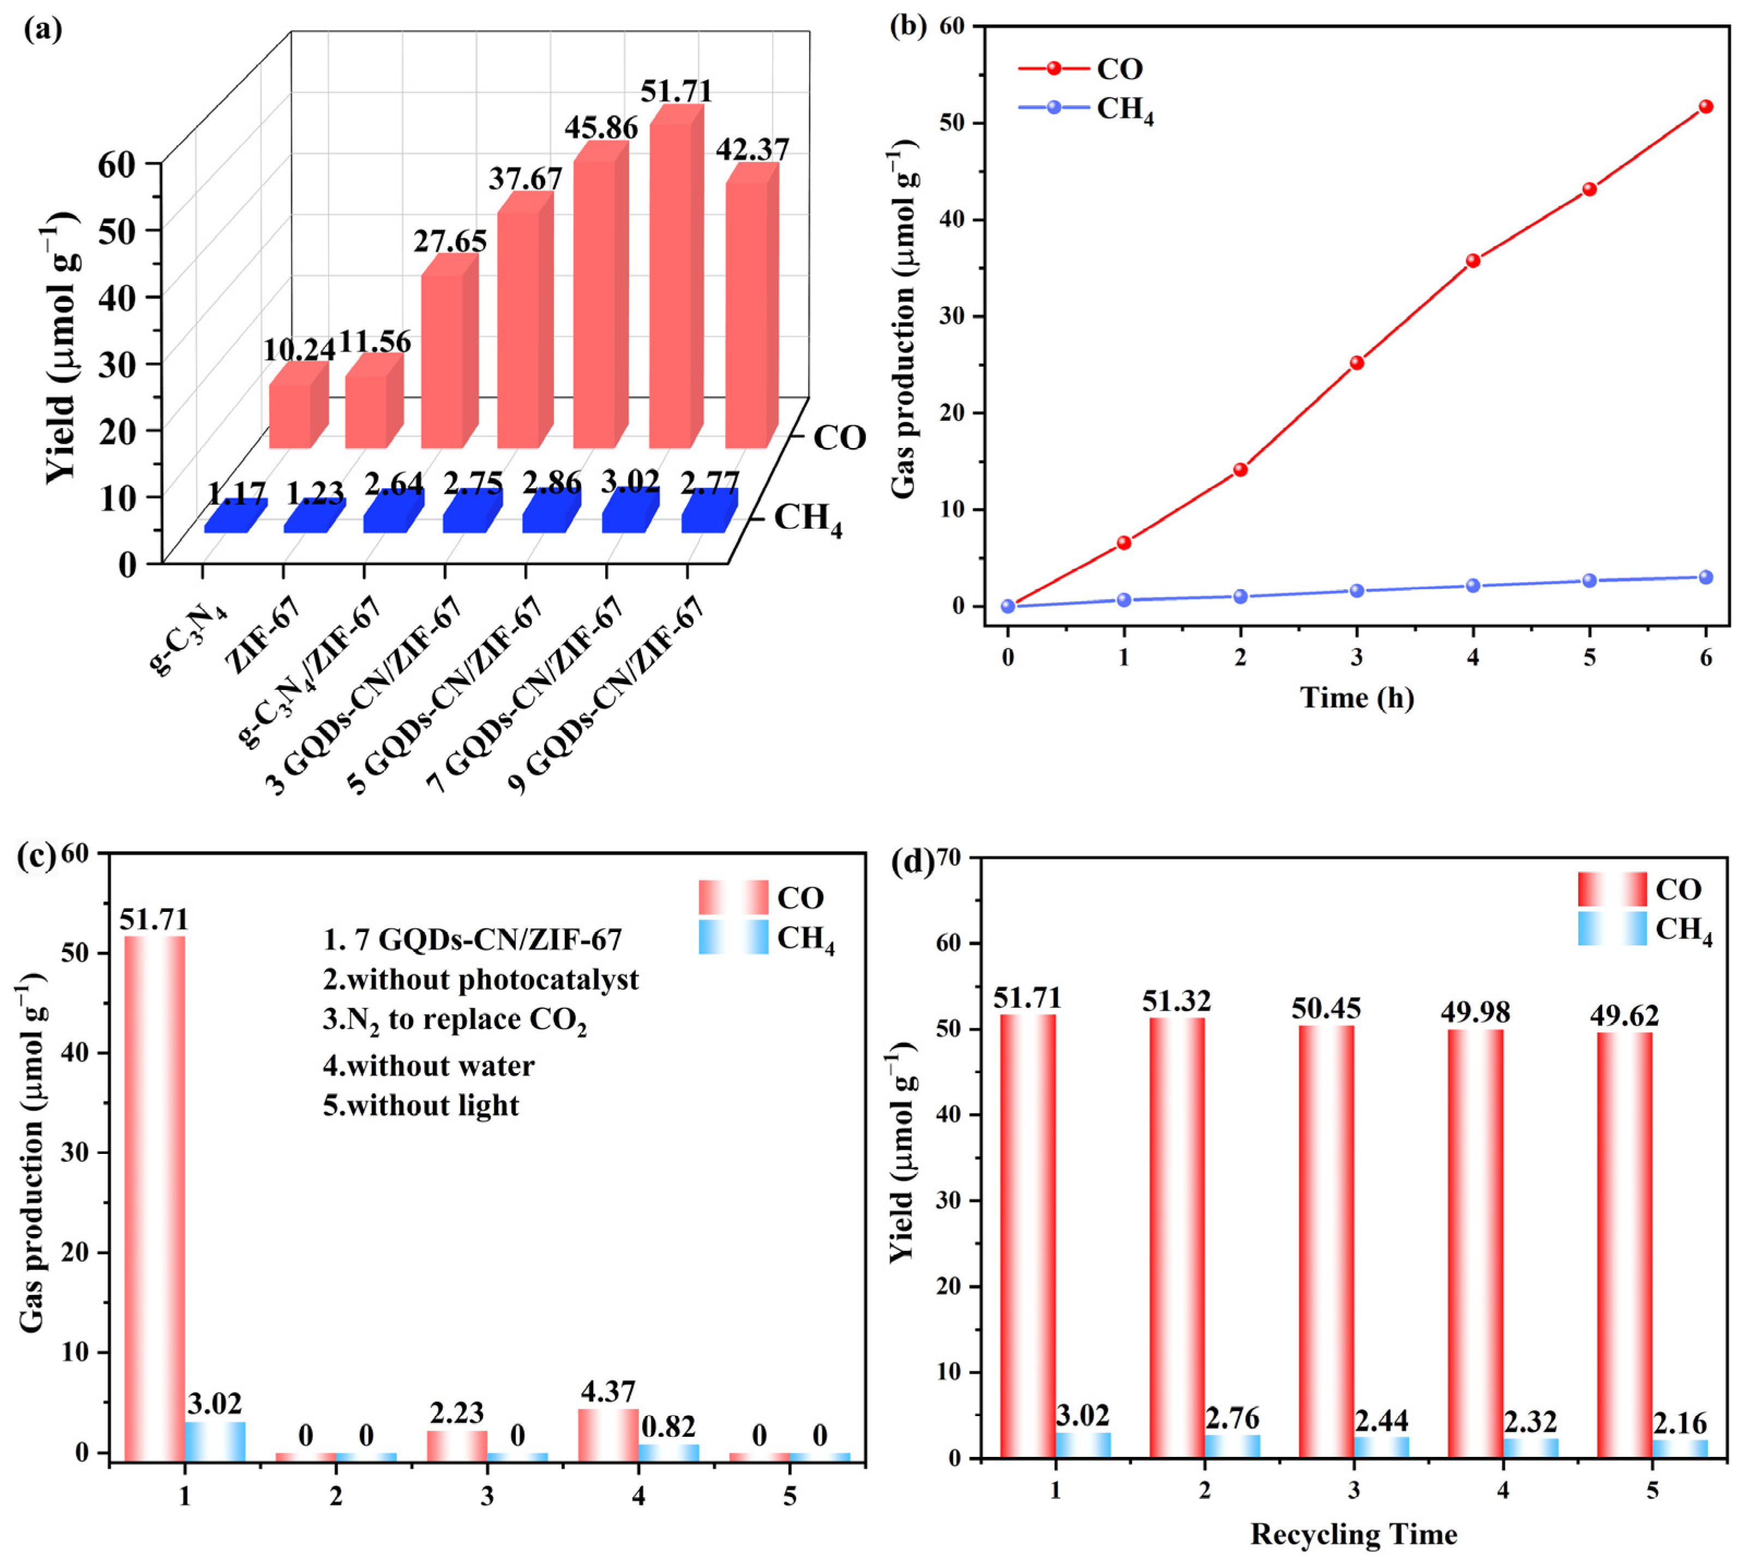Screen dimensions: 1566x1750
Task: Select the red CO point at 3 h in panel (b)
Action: [1357, 362]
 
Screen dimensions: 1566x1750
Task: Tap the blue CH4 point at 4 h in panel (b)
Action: [1473, 586]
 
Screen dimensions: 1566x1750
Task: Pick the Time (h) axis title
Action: [1357, 697]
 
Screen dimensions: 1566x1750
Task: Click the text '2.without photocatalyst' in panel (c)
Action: [481, 980]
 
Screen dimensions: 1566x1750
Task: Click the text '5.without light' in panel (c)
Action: [421, 1105]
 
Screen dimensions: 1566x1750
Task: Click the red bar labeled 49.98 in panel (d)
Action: [1476, 1243]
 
